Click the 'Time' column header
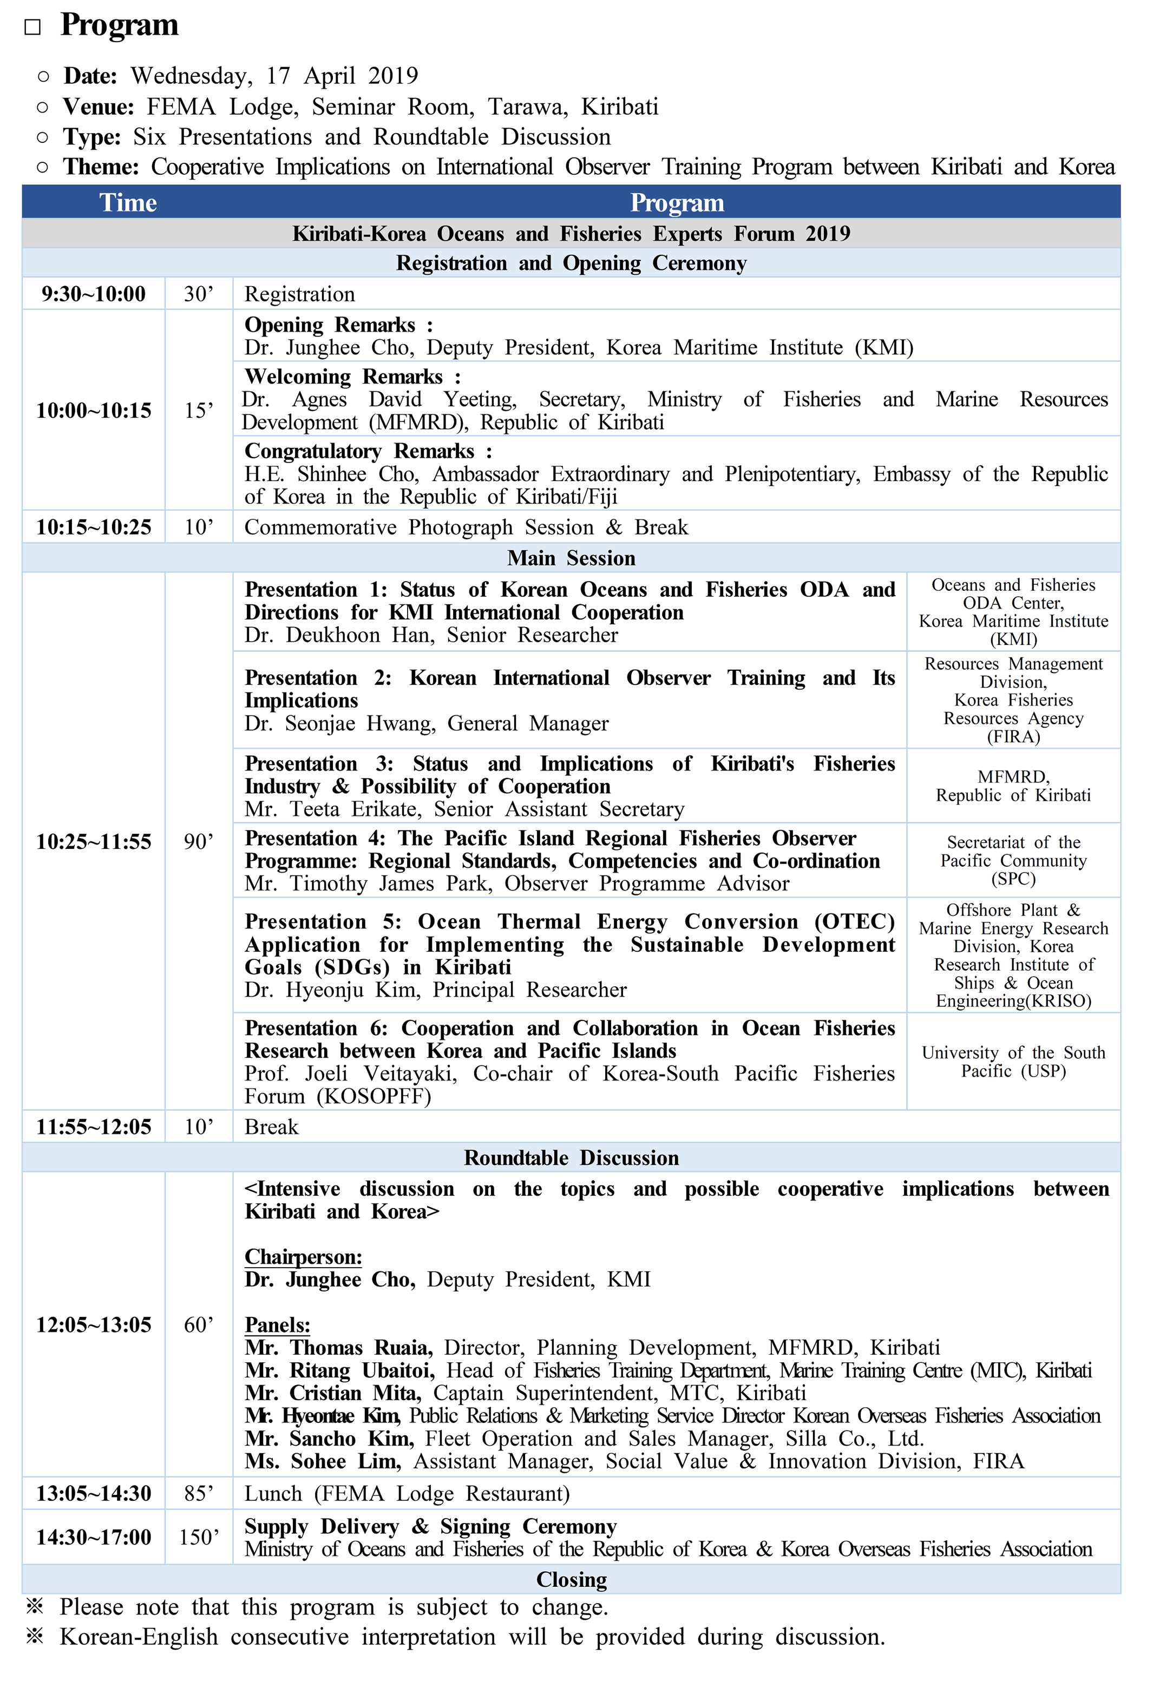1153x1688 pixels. coord(128,203)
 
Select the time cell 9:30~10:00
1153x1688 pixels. coord(93,294)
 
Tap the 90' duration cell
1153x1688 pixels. coord(198,842)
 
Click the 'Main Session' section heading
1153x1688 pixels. coord(571,558)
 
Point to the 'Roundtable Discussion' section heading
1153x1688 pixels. coord(571,1158)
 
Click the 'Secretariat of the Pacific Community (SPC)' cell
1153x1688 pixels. coord(1013,861)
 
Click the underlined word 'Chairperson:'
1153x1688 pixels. coord(303,1257)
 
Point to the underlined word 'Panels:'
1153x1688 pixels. coord(277,1326)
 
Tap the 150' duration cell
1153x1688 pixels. coord(198,1538)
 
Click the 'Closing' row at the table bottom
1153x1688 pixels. coord(571,1580)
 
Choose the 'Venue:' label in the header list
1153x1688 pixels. coord(98,107)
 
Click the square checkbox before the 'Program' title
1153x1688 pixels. coord(32,28)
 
